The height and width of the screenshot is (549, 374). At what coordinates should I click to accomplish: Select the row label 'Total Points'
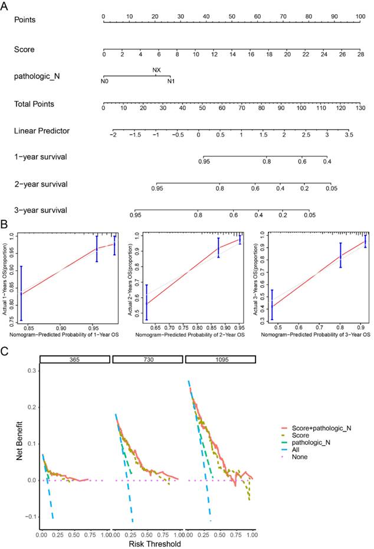tap(34, 104)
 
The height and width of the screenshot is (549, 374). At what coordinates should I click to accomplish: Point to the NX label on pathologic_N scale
tap(156, 70)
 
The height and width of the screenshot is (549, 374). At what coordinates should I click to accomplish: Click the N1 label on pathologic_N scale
tap(170, 81)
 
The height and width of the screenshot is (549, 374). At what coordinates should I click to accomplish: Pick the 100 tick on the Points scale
tap(360, 16)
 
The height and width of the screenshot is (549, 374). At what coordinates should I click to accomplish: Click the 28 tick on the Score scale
tap(360, 54)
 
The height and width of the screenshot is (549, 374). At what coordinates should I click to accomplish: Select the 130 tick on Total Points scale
tap(360, 109)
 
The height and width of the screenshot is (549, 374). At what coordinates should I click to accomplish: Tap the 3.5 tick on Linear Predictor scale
tap(349, 135)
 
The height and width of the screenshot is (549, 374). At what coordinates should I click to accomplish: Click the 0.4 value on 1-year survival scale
tap(326, 161)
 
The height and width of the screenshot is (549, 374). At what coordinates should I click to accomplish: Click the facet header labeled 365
tap(74, 359)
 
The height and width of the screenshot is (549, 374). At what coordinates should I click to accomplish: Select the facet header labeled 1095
tap(220, 359)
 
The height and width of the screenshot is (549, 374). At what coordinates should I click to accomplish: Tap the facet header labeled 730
tap(147, 359)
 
